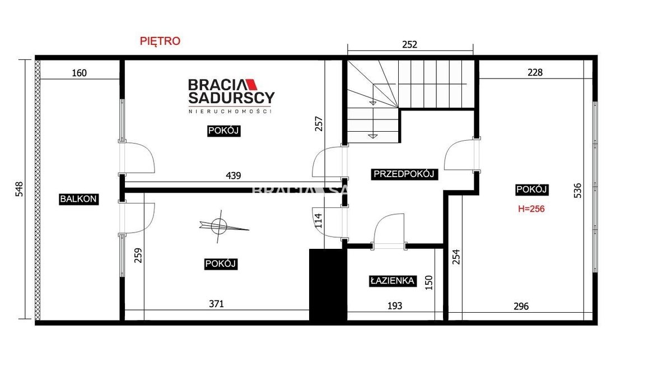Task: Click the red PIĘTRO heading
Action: tap(160, 41)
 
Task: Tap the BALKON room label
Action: tap(78, 199)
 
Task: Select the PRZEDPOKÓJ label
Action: tap(404, 174)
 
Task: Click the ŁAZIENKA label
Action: tap(393, 281)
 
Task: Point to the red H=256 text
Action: tap(531, 209)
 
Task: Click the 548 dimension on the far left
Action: tap(19, 189)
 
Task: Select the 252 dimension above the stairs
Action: tap(409, 45)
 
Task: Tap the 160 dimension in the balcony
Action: tap(79, 73)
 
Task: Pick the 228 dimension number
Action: tap(535, 72)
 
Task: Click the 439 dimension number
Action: tap(233, 175)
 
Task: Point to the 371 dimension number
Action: tap(216, 304)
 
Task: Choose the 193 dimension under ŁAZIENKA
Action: tap(394, 306)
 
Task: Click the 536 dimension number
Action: tap(577, 191)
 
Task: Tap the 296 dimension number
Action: tap(521, 307)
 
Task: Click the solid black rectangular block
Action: tap(328, 285)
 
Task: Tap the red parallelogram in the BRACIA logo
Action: tap(251, 84)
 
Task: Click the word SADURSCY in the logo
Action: tap(231, 98)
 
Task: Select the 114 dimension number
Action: tap(319, 220)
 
